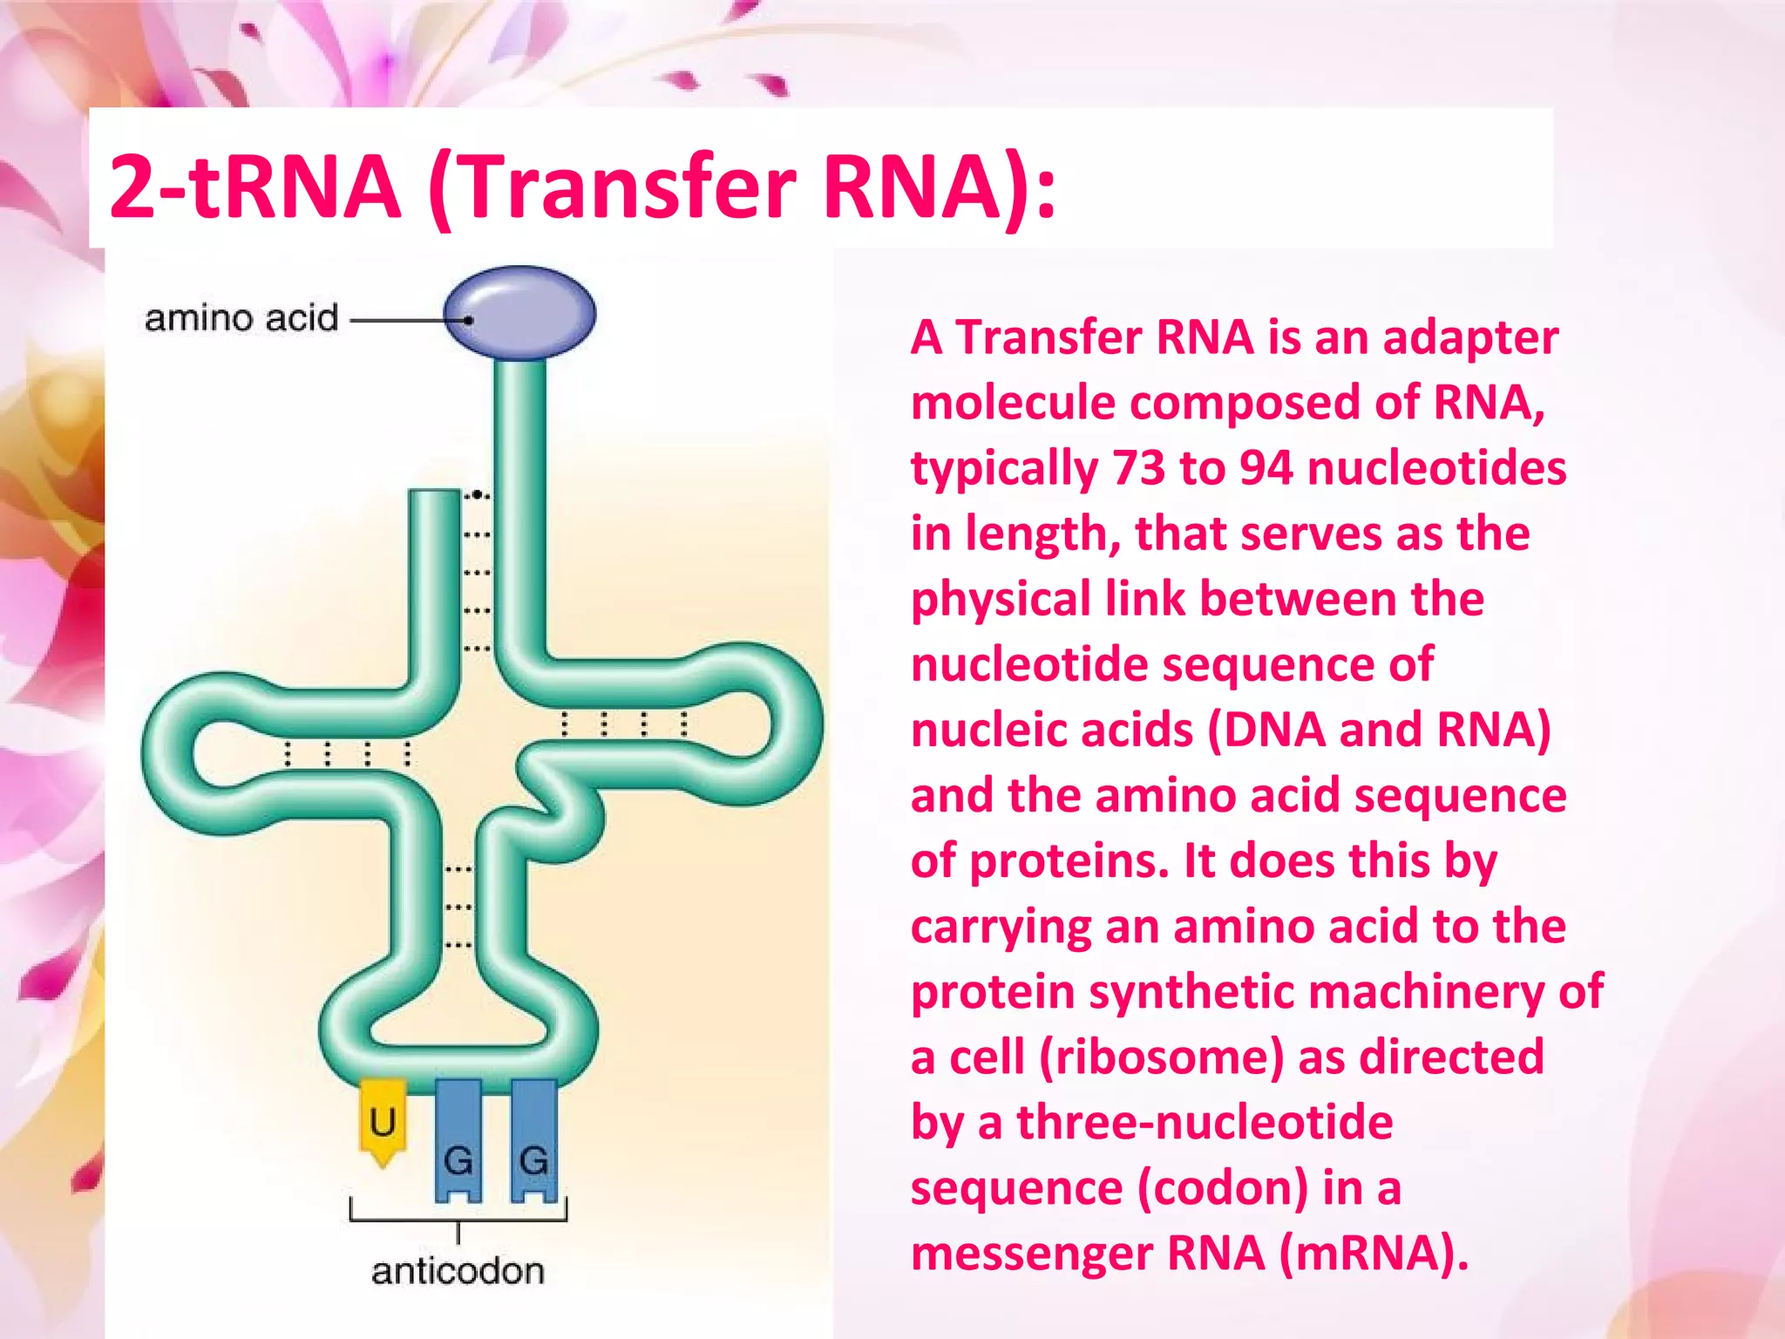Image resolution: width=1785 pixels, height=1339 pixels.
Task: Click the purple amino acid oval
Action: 519,313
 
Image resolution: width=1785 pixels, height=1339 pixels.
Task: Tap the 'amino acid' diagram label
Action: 241,319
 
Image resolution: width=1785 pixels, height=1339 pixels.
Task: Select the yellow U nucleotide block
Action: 383,1121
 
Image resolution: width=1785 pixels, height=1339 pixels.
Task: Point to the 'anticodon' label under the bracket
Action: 458,1272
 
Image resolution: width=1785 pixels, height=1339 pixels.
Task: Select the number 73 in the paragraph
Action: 1138,468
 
